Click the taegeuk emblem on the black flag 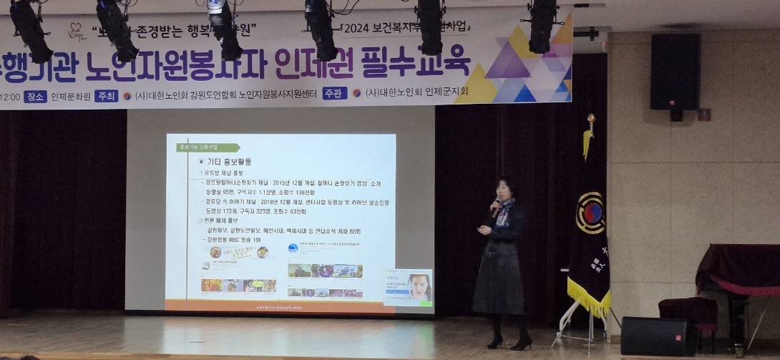click(x=590, y=213)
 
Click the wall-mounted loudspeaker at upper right click(x=675, y=72)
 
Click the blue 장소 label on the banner click(x=35, y=97)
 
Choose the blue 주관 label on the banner click(x=334, y=93)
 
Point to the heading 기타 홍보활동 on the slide click(x=228, y=162)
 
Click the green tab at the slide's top click(x=208, y=147)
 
